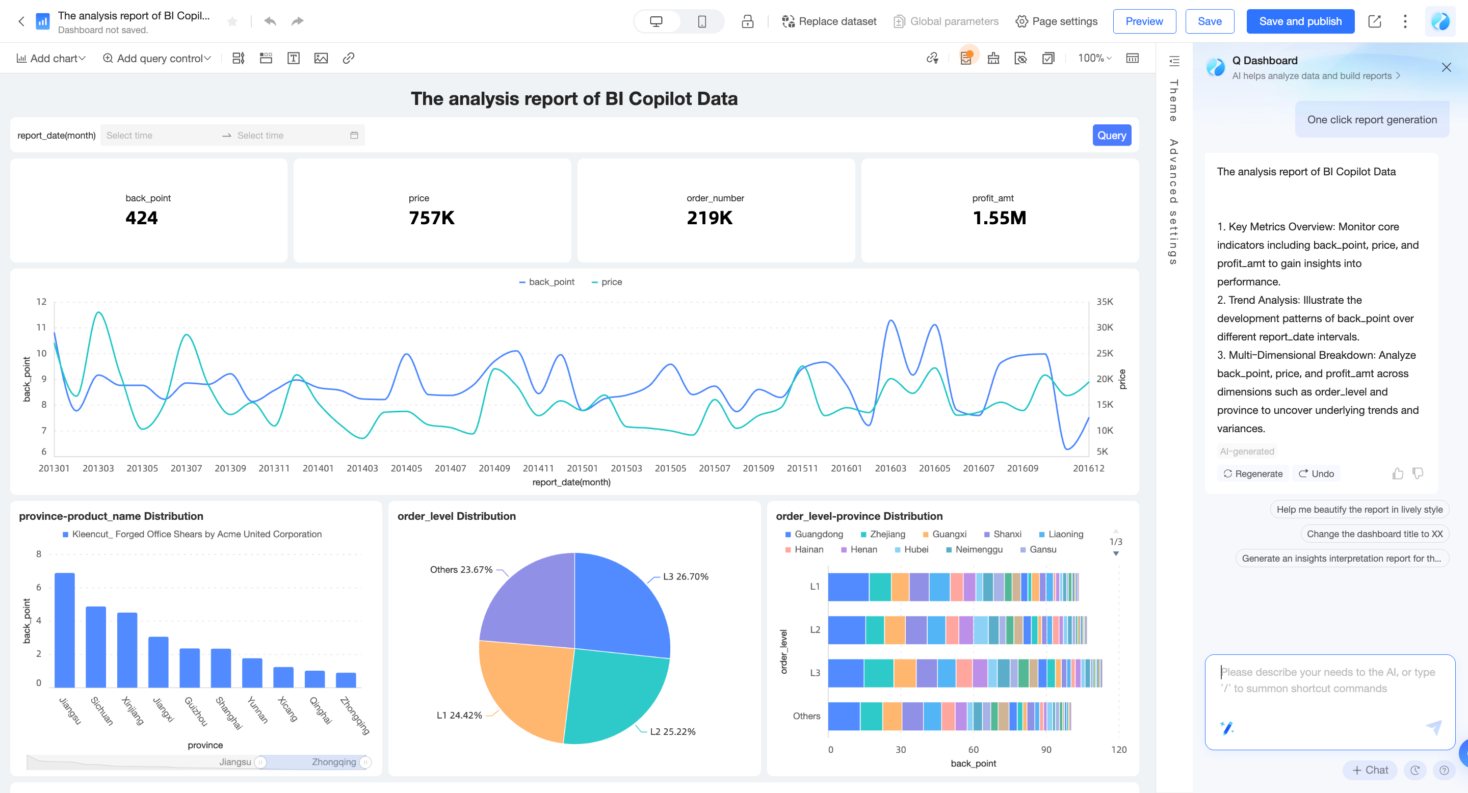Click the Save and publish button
point(1299,21)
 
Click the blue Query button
point(1111,136)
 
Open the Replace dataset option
point(829,21)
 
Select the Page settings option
point(1057,21)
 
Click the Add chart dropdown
point(51,58)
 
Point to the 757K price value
point(431,218)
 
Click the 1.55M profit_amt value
point(999,218)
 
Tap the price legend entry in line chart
point(608,282)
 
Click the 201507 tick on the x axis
point(714,468)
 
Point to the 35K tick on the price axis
point(1105,302)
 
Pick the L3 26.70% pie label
point(685,576)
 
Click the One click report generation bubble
point(1372,120)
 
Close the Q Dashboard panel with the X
point(1446,68)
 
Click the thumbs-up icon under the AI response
point(1397,474)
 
